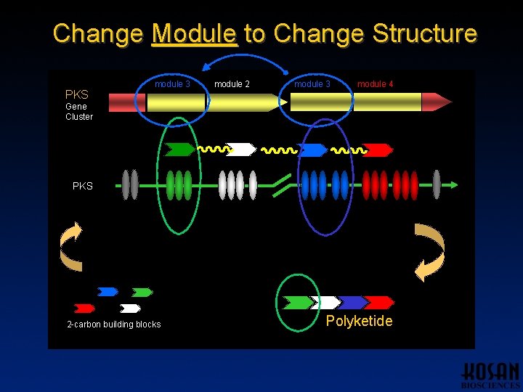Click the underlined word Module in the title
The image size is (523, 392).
pos(194,33)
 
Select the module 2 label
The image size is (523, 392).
pos(232,84)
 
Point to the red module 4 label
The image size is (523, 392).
pos(375,84)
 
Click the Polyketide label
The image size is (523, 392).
pos(359,321)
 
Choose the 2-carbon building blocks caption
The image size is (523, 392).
pos(113,324)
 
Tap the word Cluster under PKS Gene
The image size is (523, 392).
pos(79,117)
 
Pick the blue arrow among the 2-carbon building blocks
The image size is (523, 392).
pos(108,292)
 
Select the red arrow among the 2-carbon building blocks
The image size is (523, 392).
pos(84,309)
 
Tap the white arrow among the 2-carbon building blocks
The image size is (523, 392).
pos(130,309)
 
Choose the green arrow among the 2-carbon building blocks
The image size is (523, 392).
pos(142,293)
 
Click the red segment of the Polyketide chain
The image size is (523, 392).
pos(379,302)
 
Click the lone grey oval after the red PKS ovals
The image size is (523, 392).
pos(437,184)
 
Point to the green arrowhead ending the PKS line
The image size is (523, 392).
pos(454,184)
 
